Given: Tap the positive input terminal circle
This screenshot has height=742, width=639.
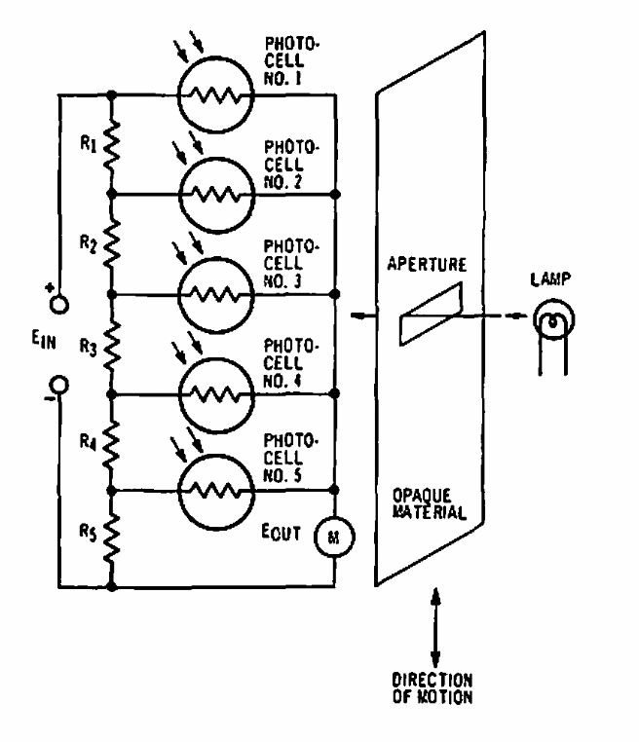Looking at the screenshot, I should tap(58, 303).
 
